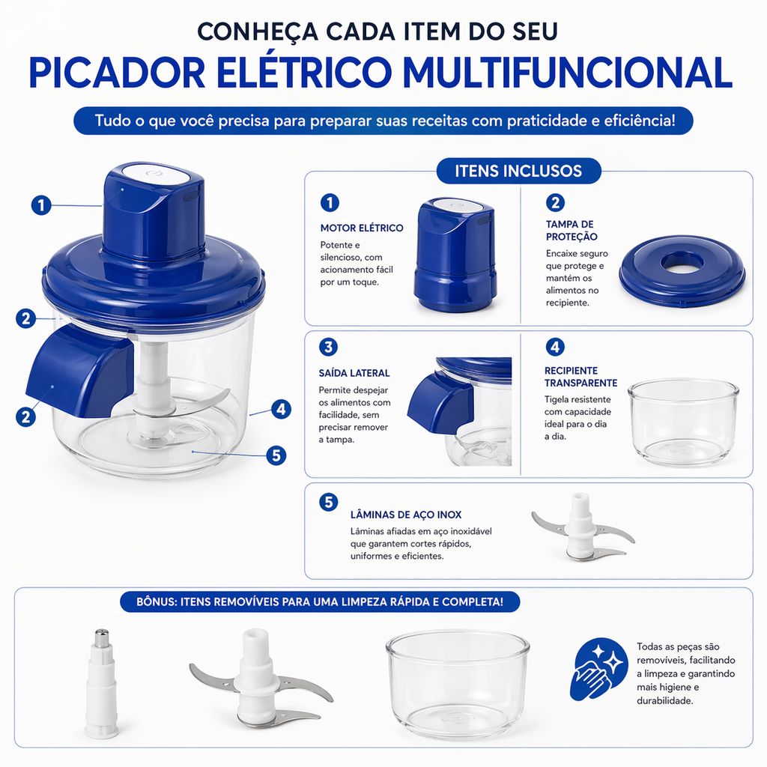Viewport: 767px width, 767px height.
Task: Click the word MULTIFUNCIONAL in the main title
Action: pos(568,73)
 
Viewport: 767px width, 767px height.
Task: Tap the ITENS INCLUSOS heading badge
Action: pos(518,171)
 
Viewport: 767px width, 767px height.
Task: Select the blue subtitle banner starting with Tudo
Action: pos(383,121)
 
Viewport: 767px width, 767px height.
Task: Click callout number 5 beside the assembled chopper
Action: pos(276,455)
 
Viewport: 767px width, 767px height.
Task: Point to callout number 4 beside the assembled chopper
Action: pos(282,409)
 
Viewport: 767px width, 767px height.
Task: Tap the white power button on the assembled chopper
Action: pos(155,174)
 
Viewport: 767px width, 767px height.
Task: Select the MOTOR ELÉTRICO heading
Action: pos(362,228)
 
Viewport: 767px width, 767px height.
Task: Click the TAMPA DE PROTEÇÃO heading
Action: pos(572,231)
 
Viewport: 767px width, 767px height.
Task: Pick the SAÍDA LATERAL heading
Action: pos(354,373)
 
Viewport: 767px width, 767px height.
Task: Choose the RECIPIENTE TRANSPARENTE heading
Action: pos(581,377)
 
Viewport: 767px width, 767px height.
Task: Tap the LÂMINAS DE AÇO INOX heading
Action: pos(406,515)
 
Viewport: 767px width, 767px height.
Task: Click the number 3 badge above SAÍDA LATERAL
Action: pos(328,347)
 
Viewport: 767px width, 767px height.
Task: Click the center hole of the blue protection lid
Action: pos(682,263)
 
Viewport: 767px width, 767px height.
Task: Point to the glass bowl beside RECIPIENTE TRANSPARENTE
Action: pos(683,422)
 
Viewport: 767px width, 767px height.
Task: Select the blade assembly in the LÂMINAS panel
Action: pos(582,527)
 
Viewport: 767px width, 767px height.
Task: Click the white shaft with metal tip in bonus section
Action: pos(101,684)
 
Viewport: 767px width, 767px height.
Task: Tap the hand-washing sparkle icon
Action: pos(598,669)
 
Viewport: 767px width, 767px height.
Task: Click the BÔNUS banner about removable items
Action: pos(320,601)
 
